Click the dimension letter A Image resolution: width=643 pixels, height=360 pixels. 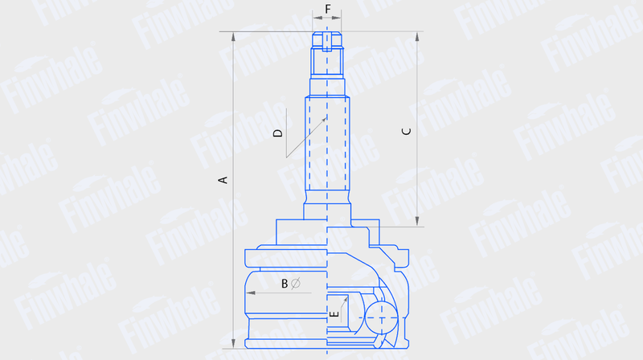[223, 179]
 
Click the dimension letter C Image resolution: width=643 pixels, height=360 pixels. [407, 131]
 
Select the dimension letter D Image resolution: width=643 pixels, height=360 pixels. [278, 133]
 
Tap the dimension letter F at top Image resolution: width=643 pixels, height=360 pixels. [328, 9]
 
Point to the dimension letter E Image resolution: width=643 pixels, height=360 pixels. [334, 314]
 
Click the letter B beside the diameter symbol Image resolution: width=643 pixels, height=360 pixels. [285, 284]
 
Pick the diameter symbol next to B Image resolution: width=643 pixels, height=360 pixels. [296, 284]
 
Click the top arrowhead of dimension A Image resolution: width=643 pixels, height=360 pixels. [233, 36]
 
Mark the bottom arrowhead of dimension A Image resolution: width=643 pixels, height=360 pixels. [233, 344]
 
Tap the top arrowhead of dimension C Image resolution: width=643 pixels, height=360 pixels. [417, 36]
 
